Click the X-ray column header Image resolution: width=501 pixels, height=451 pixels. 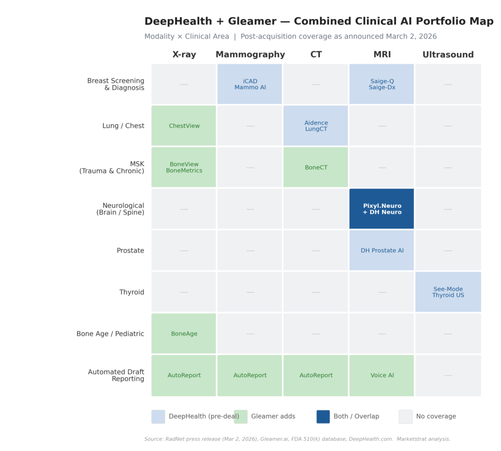tap(184, 55)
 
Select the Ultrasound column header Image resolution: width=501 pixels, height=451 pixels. tap(448, 55)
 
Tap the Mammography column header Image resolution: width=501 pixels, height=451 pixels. tap(250, 55)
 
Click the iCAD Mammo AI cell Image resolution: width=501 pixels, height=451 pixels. tap(250, 84)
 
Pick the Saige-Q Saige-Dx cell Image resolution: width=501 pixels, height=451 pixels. tap(382, 84)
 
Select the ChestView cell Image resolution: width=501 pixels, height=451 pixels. tap(184, 126)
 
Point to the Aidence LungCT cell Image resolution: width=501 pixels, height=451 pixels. tap(316, 126)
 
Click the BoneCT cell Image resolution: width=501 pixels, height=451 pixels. tap(316, 167)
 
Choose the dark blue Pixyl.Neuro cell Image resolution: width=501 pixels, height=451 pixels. tap(382, 209)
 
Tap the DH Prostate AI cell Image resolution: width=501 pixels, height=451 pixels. tap(382, 250)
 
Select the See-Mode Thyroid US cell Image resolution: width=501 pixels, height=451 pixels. tap(448, 292)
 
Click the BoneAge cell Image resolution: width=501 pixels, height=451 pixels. tap(184, 333)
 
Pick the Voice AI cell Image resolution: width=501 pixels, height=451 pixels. tap(382, 375)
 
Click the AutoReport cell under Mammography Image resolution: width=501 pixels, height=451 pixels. tap(250, 375)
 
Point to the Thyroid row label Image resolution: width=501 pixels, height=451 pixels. tap(132, 292)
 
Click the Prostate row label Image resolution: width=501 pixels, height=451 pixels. tap(130, 251)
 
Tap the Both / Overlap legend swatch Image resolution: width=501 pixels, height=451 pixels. tap(323, 416)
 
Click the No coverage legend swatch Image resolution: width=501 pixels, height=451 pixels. tap(406, 416)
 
